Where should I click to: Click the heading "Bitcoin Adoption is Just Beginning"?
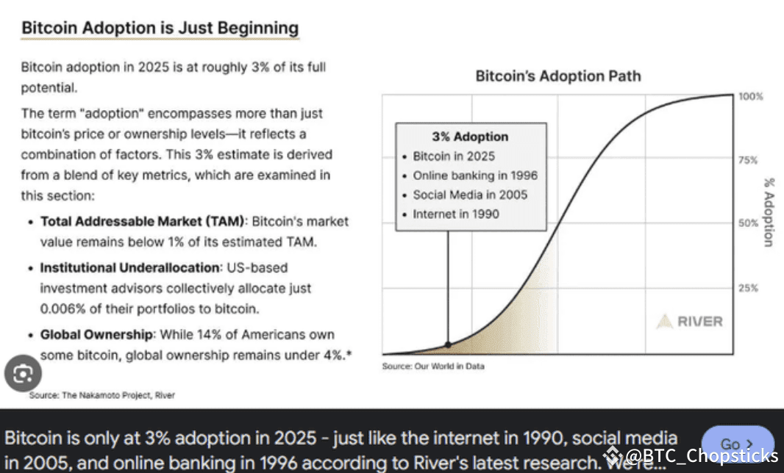coord(160,29)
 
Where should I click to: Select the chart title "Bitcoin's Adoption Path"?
coord(557,76)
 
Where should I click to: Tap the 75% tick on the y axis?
coord(747,159)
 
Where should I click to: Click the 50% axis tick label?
coord(747,223)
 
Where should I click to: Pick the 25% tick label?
coord(747,288)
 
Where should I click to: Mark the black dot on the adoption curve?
coord(448,344)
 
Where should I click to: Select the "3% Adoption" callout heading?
coord(469,137)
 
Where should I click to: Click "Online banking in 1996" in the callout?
coord(474,176)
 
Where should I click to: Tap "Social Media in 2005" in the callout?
coord(470,195)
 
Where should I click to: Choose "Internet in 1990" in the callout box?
coord(455,214)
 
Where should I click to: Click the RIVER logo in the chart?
coord(689,321)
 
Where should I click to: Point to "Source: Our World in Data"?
coord(433,366)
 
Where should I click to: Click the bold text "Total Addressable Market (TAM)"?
coord(143,221)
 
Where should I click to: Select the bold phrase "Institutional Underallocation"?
coord(131,268)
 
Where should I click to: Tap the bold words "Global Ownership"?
coord(97,334)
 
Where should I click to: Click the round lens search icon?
coord(23,375)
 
